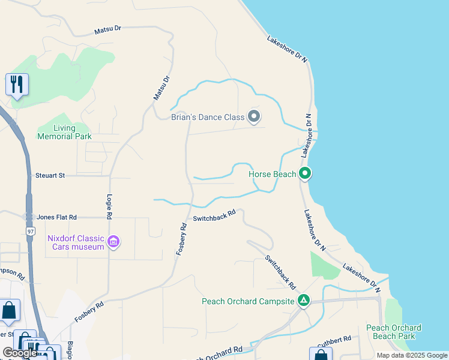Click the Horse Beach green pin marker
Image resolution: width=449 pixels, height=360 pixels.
[x=305, y=174]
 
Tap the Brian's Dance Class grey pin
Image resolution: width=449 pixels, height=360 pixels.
[x=254, y=116]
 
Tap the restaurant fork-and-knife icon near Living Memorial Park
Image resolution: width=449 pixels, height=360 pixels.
[x=17, y=84]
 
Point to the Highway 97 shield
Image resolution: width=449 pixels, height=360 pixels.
[x=29, y=231]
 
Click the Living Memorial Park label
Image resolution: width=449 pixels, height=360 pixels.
[x=64, y=132]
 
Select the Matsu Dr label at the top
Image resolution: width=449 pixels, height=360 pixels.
[x=108, y=29]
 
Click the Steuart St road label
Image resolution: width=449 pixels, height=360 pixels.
[x=50, y=176]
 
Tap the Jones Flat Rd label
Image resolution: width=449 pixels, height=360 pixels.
[x=57, y=217]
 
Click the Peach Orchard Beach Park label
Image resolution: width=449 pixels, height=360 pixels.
[x=394, y=332]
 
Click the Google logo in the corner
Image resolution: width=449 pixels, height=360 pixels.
[x=20, y=353]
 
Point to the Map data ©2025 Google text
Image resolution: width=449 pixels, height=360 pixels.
[x=412, y=355]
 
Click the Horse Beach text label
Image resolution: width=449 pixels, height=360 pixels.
[x=273, y=174]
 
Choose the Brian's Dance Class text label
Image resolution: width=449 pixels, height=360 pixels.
[x=208, y=117]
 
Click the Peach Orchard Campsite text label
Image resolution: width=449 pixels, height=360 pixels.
[x=249, y=301]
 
